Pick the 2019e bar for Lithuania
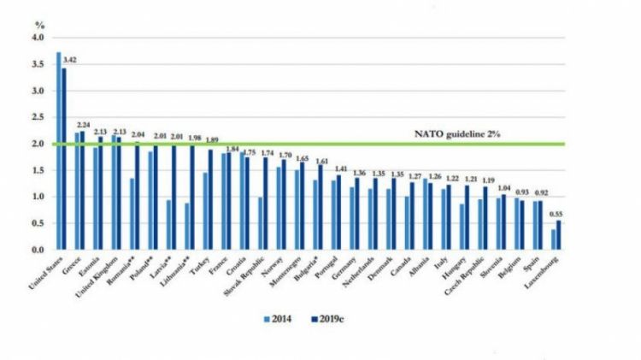pyautogui.click(x=192, y=198)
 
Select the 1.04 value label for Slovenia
pyautogui.click(x=507, y=187)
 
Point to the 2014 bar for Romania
pyautogui.click(x=132, y=214)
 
